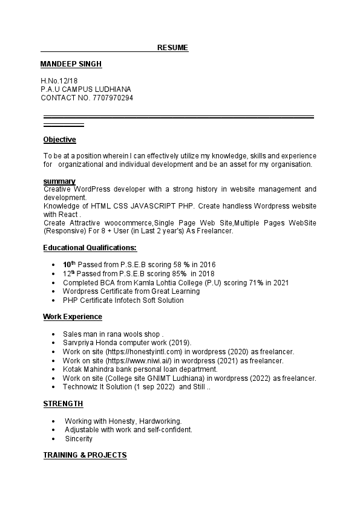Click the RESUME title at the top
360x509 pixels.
coord(172,48)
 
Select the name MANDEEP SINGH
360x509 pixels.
coord(71,64)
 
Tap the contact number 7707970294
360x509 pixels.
coord(113,98)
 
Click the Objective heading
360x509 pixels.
coord(59,140)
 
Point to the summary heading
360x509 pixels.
coord(59,181)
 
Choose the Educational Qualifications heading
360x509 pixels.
coord(90,247)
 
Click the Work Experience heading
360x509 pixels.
coord(73,317)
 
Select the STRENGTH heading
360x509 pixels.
coord(63,404)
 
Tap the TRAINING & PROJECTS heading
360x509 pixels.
coord(85,455)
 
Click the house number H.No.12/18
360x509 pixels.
coord(59,80)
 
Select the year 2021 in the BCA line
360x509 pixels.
coord(281,282)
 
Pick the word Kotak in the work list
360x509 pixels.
coord(73,369)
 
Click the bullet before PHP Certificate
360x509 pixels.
coord(55,300)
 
